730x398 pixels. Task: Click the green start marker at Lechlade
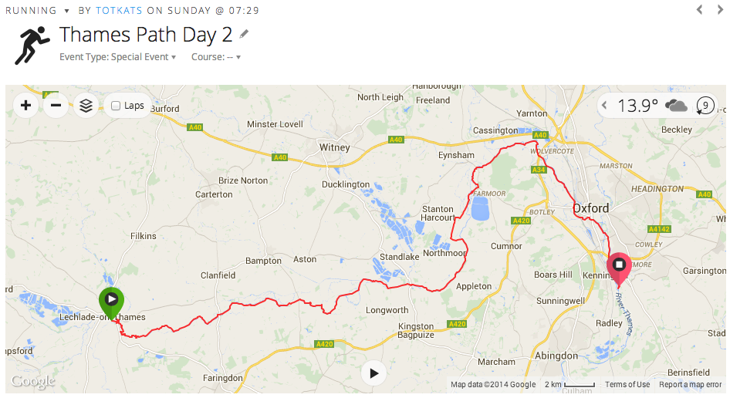coord(111,299)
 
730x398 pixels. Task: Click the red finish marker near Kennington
coord(619,265)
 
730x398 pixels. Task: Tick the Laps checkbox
coord(116,106)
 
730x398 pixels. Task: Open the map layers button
coord(86,106)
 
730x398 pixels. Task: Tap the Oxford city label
coord(590,208)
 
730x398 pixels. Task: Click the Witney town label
coord(334,147)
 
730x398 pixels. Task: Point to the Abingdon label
coord(556,356)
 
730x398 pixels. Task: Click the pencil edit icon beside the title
coord(245,34)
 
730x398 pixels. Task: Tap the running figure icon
coord(31,45)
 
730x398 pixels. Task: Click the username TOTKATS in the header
coord(119,11)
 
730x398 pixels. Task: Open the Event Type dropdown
coord(117,57)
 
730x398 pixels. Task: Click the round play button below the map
coord(373,373)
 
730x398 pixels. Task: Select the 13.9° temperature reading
coord(638,106)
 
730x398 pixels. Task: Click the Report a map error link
coord(690,385)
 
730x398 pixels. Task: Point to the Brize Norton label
coord(243,180)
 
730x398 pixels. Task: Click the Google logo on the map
coord(32,381)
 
